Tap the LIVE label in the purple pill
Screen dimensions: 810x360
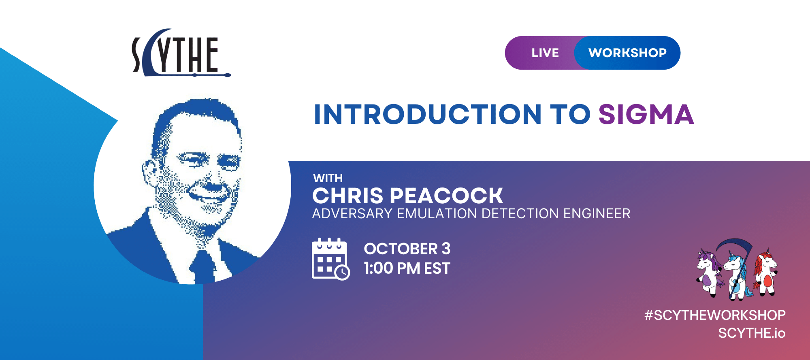[x=545, y=53]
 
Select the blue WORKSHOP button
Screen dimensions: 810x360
[x=627, y=53]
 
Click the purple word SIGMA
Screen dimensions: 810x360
[x=646, y=114]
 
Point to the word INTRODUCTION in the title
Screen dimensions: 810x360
[x=428, y=114]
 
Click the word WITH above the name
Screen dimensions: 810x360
[x=328, y=178]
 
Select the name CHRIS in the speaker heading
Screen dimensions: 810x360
[x=347, y=196]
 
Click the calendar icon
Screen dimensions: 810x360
[x=330, y=259]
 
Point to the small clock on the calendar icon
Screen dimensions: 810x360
[x=342, y=272]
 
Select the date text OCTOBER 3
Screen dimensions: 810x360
[x=407, y=249]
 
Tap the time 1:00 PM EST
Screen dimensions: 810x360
[x=407, y=268]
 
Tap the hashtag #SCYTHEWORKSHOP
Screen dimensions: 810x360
[x=715, y=315]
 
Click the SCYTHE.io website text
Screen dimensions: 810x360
[x=752, y=333]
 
